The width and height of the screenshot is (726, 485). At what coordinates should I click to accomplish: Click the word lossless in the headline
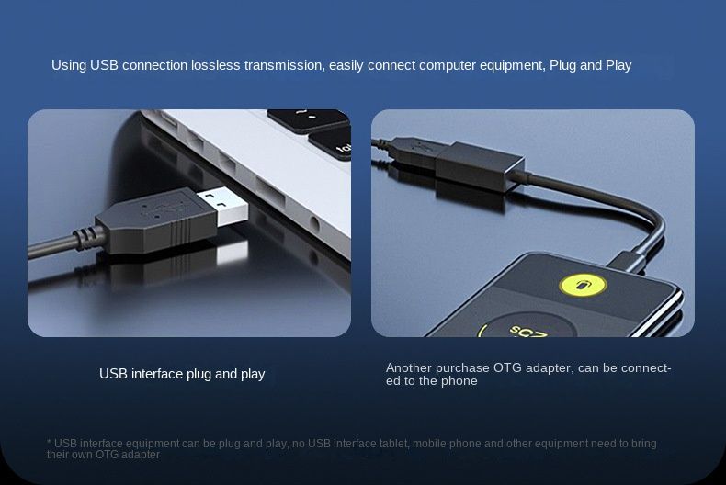[216, 65]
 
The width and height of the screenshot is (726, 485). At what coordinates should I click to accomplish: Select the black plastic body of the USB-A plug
[156, 221]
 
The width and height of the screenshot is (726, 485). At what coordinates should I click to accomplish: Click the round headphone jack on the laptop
[314, 225]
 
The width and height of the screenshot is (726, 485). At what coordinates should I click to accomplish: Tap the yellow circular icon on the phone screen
[583, 286]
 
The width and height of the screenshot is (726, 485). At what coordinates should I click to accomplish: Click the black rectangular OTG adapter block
[480, 165]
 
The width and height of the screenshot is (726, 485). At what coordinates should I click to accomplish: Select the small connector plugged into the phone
[628, 262]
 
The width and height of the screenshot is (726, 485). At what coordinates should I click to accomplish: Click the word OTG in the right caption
[507, 368]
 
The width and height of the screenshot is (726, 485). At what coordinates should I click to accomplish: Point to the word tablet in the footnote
[394, 444]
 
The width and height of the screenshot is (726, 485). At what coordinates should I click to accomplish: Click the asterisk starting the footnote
[49, 442]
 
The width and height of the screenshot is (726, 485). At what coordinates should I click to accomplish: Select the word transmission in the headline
[284, 65]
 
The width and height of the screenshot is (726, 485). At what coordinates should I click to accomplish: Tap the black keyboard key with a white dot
[308, 118]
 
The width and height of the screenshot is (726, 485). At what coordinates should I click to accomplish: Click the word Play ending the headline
[618, 66]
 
